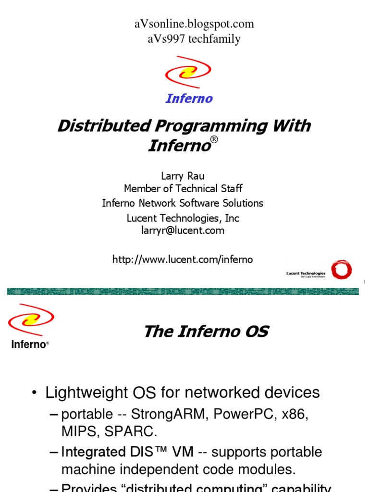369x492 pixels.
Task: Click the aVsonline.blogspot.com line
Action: [x=194, y=24]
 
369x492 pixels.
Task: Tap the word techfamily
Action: [x=214, y=39]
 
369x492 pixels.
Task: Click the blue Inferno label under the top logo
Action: [x=189, y=99]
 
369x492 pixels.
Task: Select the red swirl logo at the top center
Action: [x=188, y=73]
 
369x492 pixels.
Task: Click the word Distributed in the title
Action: [x=103, y=126]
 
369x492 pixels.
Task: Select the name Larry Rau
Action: [x=183, y=176]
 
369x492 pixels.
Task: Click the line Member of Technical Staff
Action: [x=183, y=189]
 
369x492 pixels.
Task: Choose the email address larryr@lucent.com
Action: [x=183, y=231]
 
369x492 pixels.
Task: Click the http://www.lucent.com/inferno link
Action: [x=183, y=260]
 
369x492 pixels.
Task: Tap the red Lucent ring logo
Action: [x=341, y=270]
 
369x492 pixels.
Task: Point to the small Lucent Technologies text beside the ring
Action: [x=306, y=274]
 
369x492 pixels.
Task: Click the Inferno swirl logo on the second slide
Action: [x=31, y=320]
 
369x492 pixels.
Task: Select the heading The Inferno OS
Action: [x=206, y=332]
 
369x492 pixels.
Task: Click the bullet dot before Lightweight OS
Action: [x=34, y=394]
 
